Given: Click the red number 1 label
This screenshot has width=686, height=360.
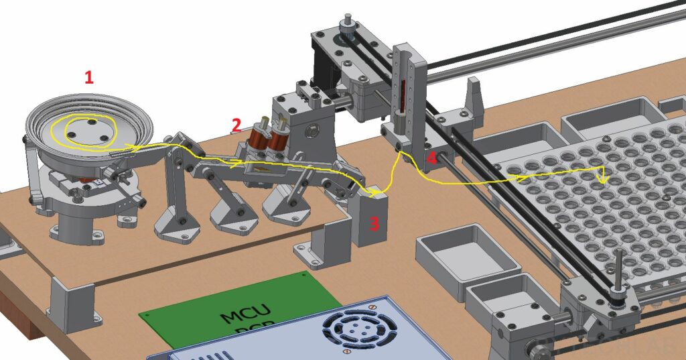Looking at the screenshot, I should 88,77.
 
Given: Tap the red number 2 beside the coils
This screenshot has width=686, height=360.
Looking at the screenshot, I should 236,124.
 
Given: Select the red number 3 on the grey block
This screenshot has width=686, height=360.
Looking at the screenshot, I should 374,223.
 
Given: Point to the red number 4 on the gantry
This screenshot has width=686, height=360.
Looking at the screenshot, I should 431,159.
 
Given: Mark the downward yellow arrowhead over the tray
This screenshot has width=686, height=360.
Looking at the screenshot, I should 604,180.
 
